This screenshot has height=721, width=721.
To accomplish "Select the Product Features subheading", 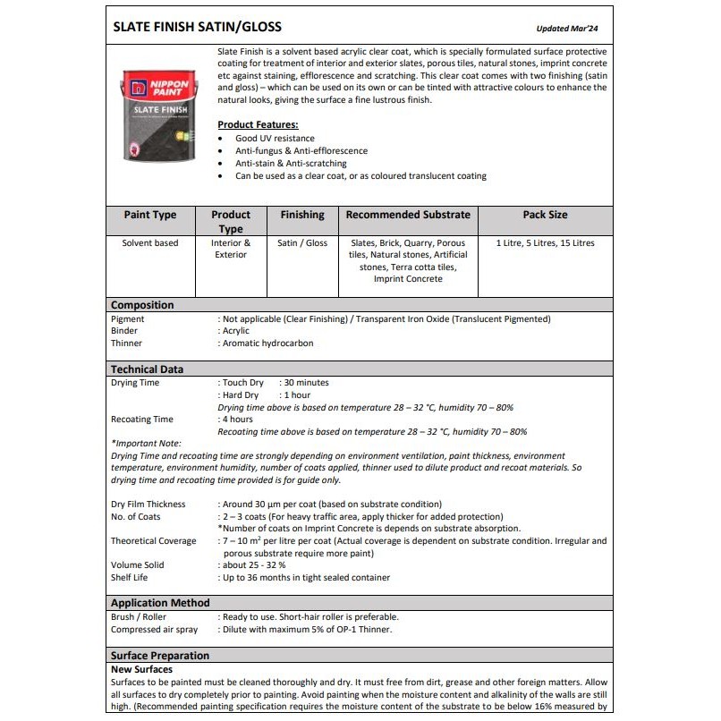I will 258,124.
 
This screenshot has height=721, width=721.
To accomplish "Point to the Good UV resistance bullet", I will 275,139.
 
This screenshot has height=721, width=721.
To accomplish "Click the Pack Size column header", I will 545,215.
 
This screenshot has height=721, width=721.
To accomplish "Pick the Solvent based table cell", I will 150,243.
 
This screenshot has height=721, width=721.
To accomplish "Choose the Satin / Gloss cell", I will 302,243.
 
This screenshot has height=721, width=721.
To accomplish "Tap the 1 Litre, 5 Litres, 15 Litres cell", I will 545,243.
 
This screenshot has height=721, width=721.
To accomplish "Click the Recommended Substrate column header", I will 408,215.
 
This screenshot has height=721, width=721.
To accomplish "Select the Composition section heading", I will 142,305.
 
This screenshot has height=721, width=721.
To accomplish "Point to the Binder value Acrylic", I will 237,331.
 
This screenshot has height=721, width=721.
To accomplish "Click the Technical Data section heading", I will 147,369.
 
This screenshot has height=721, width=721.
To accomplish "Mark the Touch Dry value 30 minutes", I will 307,383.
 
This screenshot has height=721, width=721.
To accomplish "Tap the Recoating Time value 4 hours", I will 238,420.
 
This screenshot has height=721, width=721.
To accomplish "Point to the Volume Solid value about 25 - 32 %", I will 254,565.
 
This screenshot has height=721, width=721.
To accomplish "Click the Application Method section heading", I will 160,603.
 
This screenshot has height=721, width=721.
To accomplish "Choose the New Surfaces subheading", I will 141,669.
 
